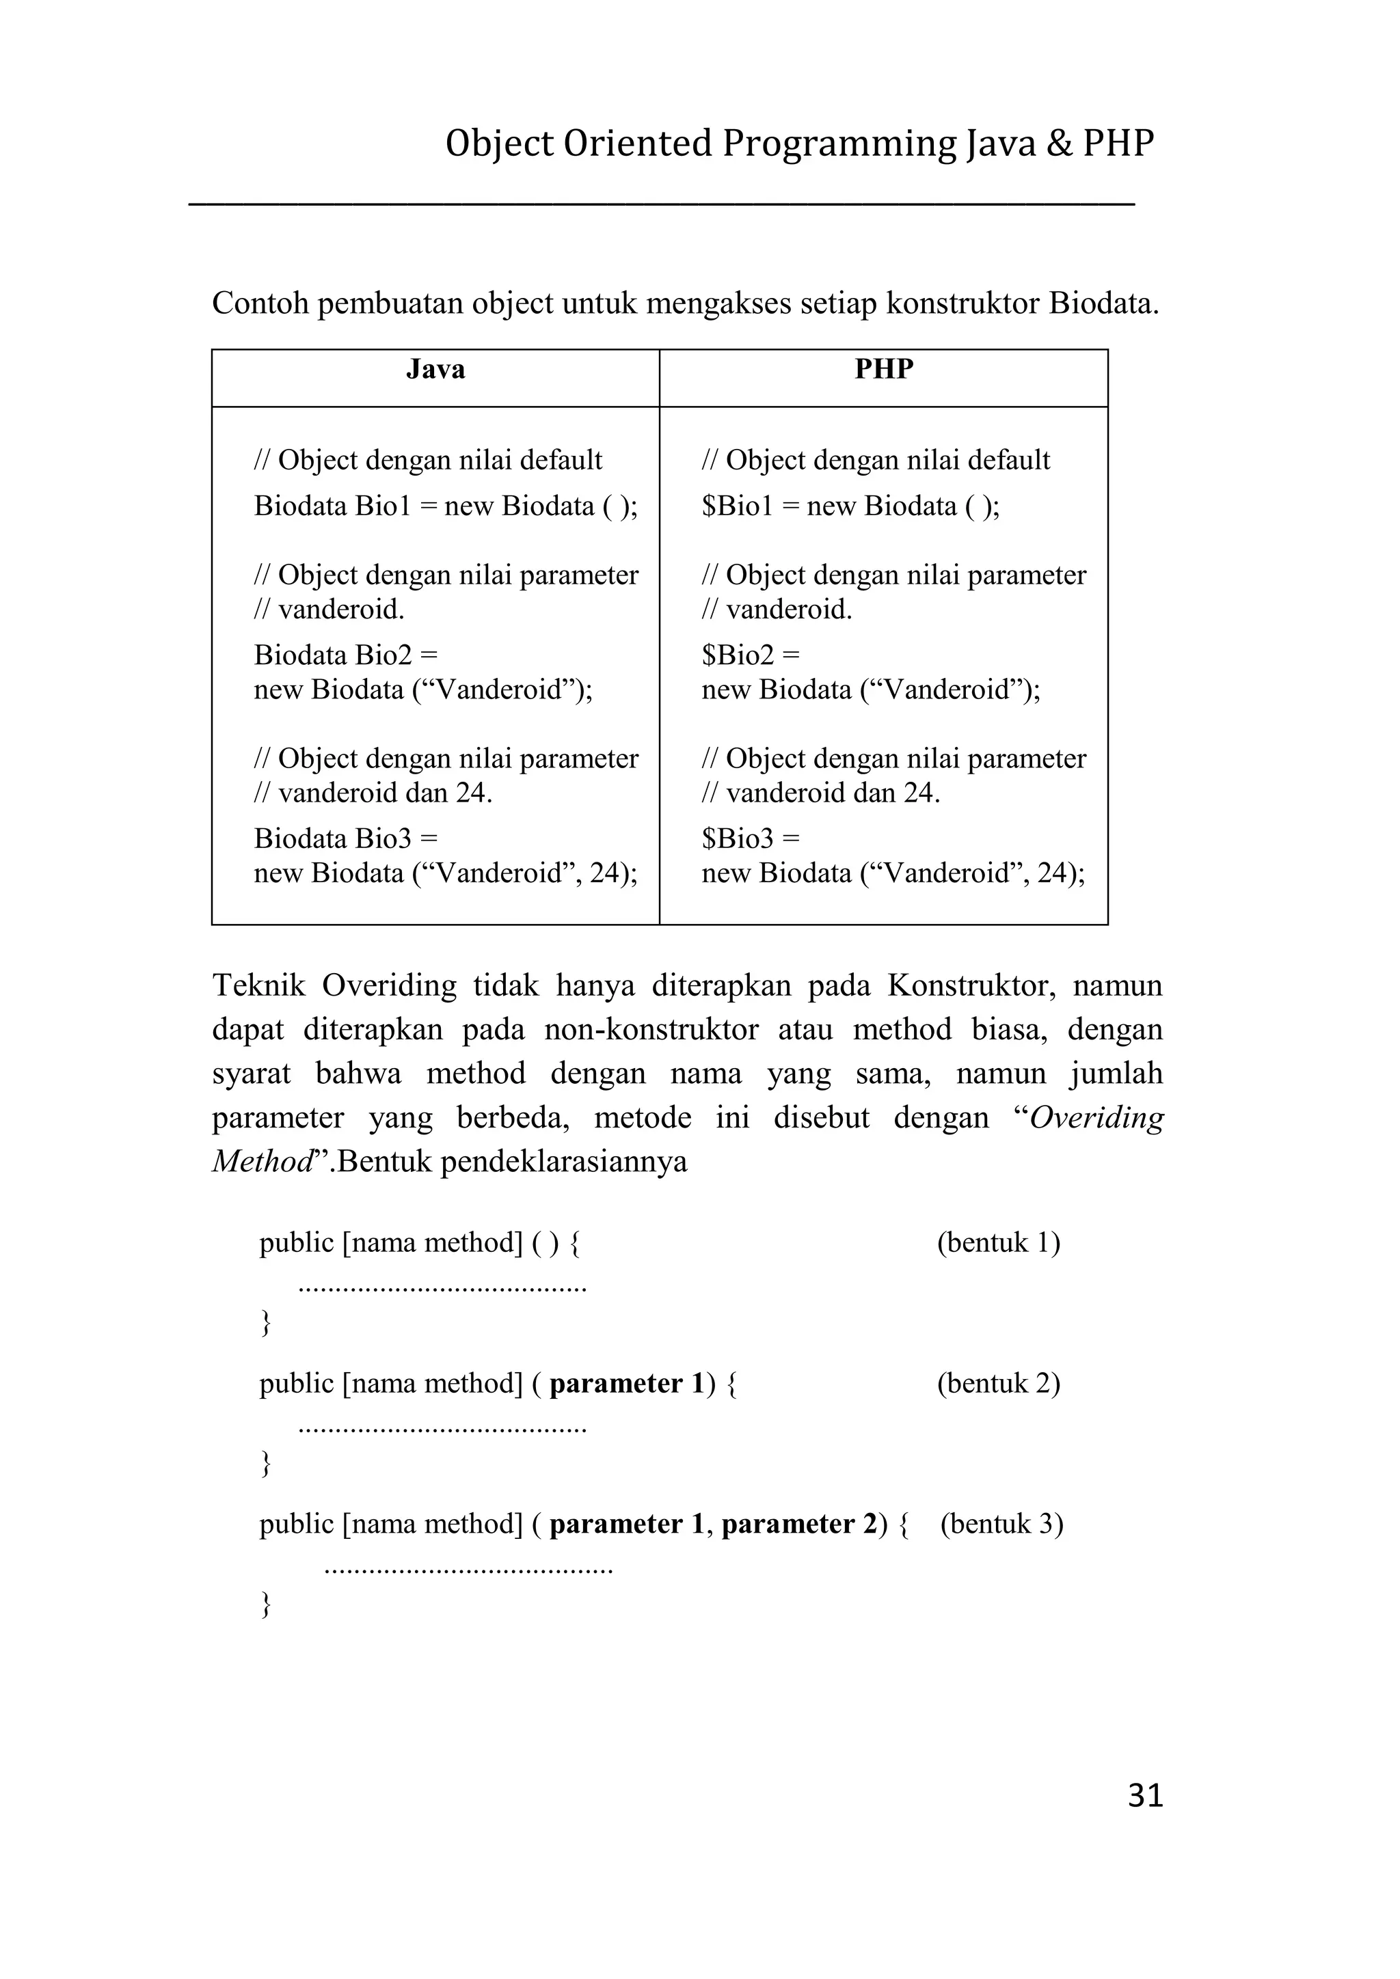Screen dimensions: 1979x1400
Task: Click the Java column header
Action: point(435,370)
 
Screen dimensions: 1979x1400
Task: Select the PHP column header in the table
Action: point(884,370)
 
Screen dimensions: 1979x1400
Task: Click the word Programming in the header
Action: point(839,144)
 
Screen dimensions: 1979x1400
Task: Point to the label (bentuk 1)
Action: point(998,1242)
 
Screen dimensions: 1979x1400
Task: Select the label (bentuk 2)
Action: point(998,1382)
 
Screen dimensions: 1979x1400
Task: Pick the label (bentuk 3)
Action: point(1001,1523)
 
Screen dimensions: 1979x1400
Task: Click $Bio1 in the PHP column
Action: point(737,506)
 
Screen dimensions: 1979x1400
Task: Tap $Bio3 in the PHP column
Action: point(738,838)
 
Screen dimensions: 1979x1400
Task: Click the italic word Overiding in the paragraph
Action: point(1096,1118)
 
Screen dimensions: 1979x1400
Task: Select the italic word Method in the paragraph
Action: point(261,1162)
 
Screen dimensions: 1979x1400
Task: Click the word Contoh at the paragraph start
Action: point(260,303)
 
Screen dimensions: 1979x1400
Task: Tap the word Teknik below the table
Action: point(258,985)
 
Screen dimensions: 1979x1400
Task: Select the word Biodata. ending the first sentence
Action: point(1103,303)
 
